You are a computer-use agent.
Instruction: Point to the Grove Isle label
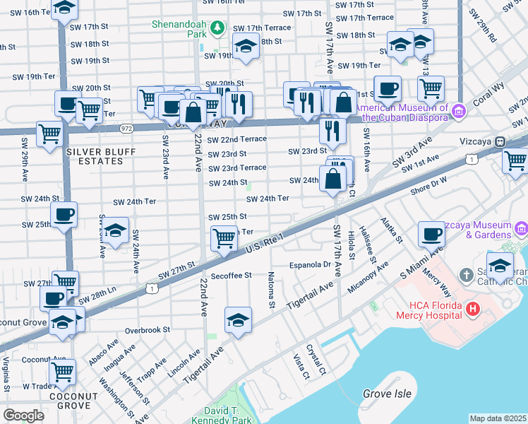coord(385,393)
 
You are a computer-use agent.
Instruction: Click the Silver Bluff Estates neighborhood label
coord(95,156)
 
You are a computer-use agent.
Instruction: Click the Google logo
coord(23,415)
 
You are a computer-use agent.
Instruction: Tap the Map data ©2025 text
coord(498,418)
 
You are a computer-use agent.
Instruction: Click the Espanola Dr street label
coord(310,264)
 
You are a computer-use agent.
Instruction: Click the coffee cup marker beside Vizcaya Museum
coord(431,234)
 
